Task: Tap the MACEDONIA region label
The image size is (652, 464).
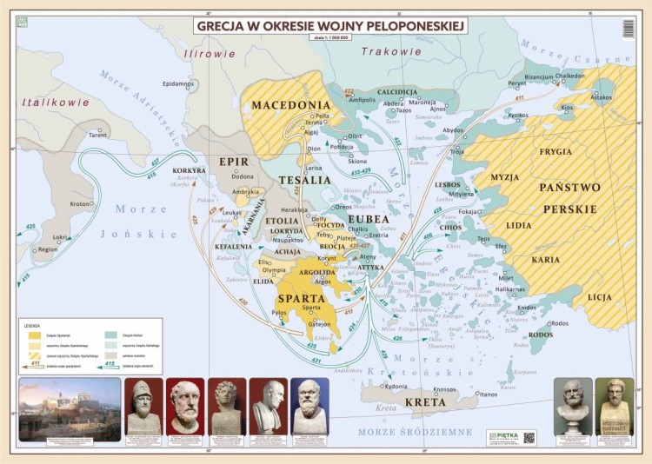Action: point(291,105)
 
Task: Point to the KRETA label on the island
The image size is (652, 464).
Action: point(426,402)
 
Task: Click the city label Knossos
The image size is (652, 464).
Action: point(444,389)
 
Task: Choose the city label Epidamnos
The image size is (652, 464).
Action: point(178,83)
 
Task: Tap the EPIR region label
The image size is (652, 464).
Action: point(233,162)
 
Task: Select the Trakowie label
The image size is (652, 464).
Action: point(386,52)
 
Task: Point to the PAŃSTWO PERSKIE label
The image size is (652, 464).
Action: point(569,198)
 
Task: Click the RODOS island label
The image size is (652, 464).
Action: point(541,335)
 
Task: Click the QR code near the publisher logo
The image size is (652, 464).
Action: point(529,436)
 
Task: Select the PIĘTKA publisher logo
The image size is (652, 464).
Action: point(503,436)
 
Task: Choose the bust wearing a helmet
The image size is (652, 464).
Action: point(143,406)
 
